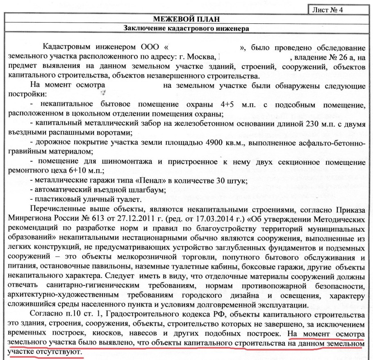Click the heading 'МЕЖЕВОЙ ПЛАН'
point(186,19)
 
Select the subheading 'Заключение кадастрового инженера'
point(186,28)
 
